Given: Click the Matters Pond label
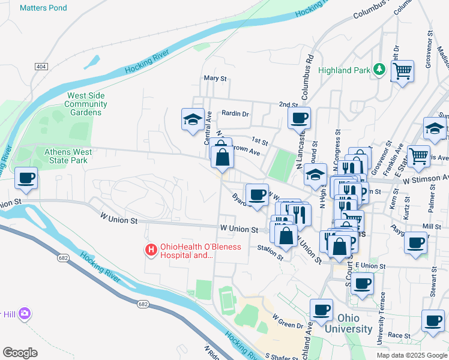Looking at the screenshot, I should coord(43,8).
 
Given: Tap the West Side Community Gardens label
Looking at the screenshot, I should coord(86,104).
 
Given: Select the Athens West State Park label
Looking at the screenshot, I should coord(68,156).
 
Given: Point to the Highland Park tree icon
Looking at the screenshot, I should coord(379,70).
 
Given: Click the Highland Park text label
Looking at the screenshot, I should coord(344,70).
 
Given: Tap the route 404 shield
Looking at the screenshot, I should coord(41,66).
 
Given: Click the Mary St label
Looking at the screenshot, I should coord(215,78).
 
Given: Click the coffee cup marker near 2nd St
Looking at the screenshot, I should coord(299,118).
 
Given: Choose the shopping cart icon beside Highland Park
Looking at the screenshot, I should coord(402,71).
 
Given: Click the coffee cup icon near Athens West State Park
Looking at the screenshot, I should coord(26,178).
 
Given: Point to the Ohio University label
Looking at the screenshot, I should coord(348,323).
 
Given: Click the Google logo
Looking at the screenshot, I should coord(20,353).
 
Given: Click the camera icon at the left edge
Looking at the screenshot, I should coord(25,313).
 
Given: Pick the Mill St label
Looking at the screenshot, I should coord(432,226).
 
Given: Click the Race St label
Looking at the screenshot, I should coord(398,336).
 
